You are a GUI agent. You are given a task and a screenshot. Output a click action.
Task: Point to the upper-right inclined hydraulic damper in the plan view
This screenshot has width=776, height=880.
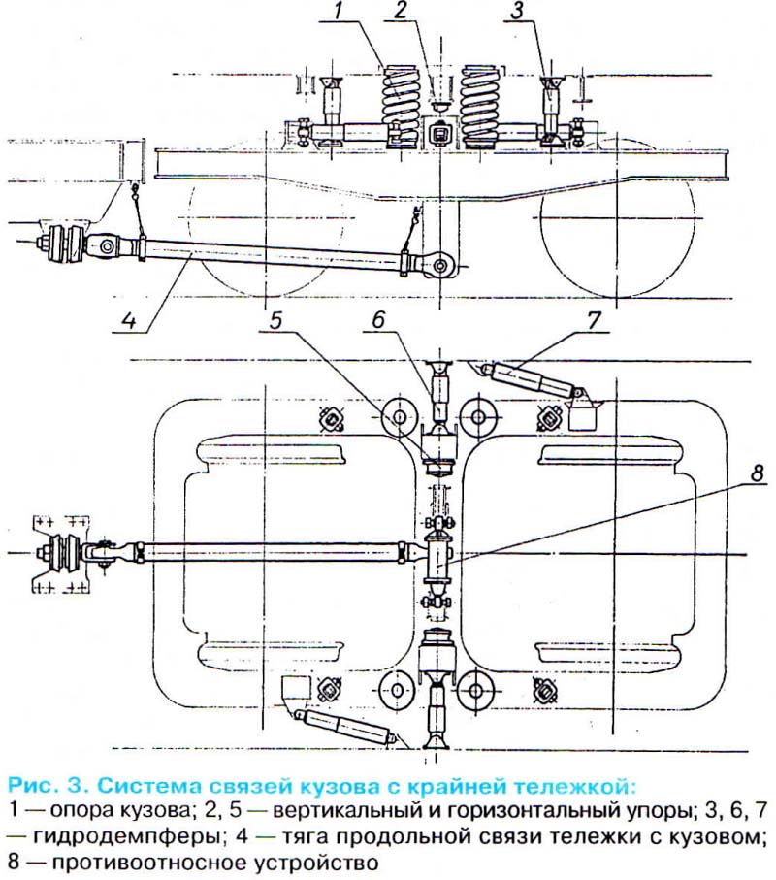click(528, 378)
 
